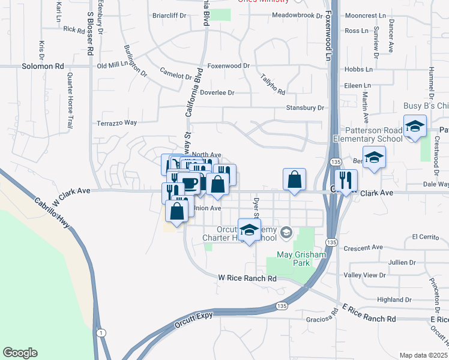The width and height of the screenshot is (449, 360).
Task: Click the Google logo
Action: coord(20,353)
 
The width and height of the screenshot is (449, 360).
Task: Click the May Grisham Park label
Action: coord(301,259)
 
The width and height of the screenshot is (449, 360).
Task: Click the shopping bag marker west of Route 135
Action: coord(295,179)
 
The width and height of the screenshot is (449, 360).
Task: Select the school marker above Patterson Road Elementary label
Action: coord(414,128)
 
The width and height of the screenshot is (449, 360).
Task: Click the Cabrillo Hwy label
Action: coord(53,213)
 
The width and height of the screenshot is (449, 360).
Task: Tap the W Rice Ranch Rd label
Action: coord(247,278)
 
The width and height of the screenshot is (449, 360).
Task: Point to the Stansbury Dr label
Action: coord(305,108)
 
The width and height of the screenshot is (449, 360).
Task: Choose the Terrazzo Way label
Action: coord(117,122)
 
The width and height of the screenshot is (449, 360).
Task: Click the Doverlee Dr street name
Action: coord(217,93)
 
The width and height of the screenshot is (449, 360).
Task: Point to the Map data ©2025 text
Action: coord(423,355)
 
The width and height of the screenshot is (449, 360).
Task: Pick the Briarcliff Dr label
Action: coord(170,15)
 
